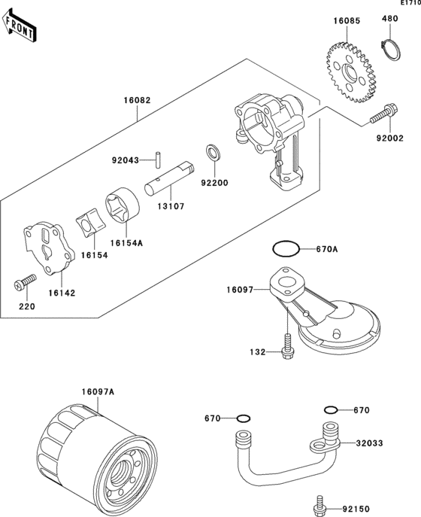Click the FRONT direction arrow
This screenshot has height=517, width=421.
(19, 26)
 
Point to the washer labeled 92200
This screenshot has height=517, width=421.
(214, 152)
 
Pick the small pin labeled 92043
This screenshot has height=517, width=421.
(159, 160)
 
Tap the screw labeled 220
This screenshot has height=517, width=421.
(25, 282)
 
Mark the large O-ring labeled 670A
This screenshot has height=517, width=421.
(286, 248)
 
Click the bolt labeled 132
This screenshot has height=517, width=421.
(288, 346)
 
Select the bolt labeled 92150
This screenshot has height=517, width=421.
(319, 504)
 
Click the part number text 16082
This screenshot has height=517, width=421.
(137, 100)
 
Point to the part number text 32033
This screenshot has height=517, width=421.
(369, 443)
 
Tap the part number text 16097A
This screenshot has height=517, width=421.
(98, 392)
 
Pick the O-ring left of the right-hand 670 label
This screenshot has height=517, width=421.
(331, 410)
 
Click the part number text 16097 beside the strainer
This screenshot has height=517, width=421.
(240, 290)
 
